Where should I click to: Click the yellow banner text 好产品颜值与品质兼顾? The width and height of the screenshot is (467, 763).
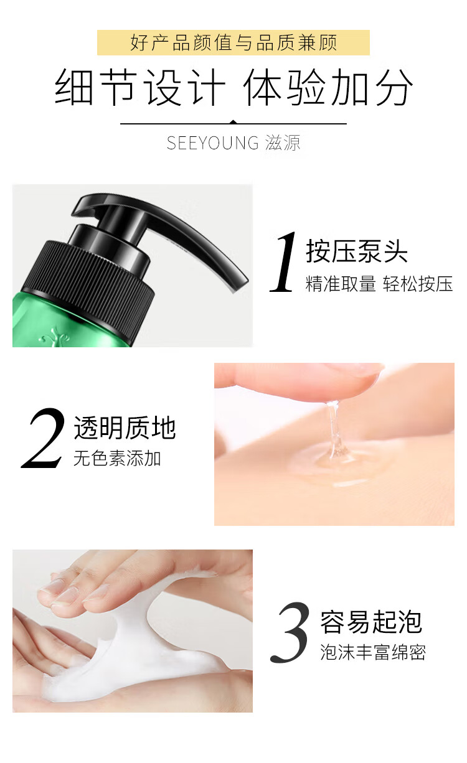[233, 42]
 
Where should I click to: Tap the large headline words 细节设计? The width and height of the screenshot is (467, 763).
[140, 87]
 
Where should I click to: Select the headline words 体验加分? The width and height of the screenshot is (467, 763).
[328, 87]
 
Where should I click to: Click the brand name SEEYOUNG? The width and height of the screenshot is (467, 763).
[213, 143]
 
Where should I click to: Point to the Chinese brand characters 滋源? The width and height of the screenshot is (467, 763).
[283, 143]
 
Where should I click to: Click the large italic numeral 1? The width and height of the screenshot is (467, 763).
[283, 261]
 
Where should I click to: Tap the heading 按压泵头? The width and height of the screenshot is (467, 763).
[357, 251]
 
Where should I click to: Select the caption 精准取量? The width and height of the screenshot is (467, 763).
[341, 283]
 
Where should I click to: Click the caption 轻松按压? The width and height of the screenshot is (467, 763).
[418, 283]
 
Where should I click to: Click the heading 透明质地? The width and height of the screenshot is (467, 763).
[125, 428]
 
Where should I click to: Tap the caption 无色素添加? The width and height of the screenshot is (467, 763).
[117, 458]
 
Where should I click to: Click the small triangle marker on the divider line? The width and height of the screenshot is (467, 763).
[233, 122]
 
